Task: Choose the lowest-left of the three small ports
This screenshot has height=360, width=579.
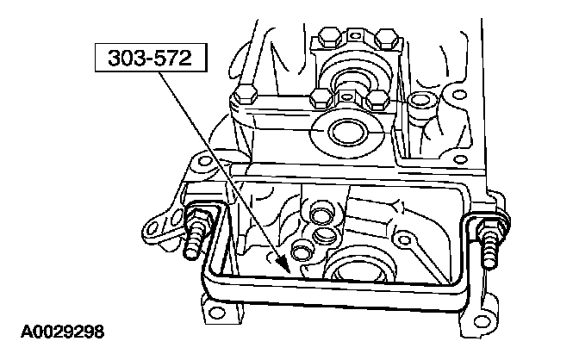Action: pos(302,251)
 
